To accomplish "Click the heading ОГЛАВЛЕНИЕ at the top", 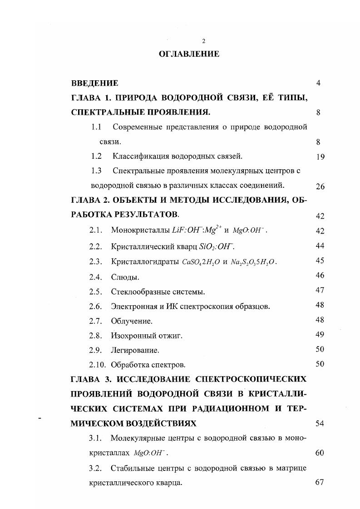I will (x=189, y=54).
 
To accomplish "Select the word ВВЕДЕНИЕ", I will (x=94, y=83).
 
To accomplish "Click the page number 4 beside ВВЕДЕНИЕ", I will (x=319, y=83).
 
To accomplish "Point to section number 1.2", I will (x=95, y=157).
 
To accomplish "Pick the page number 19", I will (x=319, y=157).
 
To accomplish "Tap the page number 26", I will (x=320, y=186).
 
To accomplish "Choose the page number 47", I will (x=319, y=291).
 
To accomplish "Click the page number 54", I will (x=319, y=423).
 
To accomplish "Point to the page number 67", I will (x=319, y=482).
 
